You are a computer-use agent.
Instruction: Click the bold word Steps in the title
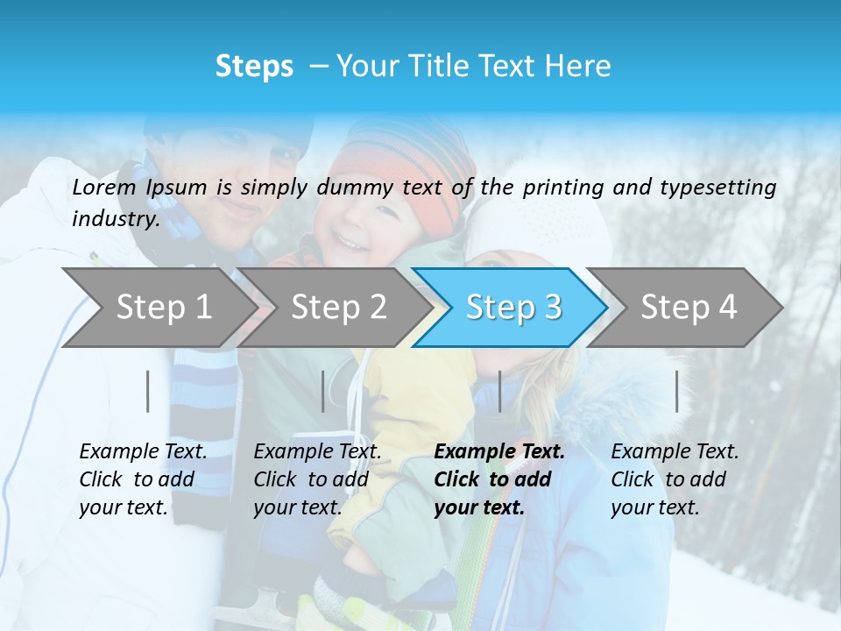tap(254, 67)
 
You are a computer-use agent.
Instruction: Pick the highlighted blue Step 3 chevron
tap(513, 308)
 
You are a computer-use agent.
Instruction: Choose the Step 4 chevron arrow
tap(689, 308)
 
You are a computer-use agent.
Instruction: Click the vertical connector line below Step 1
tap(148, 391)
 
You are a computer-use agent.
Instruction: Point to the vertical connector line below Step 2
tap(323, 391)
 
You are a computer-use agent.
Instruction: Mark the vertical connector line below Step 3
tap(499, 391)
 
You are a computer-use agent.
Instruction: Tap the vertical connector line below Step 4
tap(676, 391)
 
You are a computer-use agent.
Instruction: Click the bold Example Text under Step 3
tap(499, 479)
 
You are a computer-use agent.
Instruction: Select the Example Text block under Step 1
tap(143, 479)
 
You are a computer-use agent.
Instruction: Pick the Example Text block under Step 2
tap(317, 479)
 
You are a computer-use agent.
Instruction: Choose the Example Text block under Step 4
tap(675, 479)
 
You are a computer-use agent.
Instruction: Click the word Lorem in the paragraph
tap(104, 188)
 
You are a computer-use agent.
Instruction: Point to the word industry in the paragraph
tap(116, 219)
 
